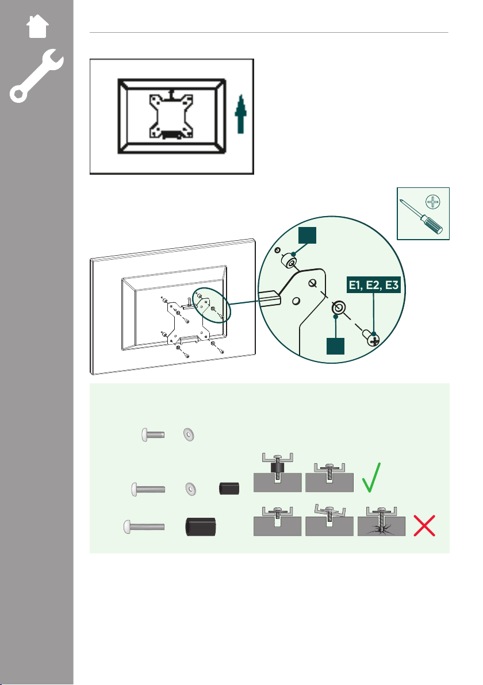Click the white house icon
37,26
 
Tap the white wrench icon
37,76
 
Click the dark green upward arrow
240,114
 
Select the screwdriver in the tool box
421,217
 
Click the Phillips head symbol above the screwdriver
433,202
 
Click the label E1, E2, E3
374,285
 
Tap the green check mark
371,478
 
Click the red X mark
424,526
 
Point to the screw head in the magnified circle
371,338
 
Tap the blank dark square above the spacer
307,234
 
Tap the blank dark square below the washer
335,346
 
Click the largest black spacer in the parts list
201,526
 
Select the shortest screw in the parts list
153,434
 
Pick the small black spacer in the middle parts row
229,488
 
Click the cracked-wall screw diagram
382,521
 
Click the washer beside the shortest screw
189,434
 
